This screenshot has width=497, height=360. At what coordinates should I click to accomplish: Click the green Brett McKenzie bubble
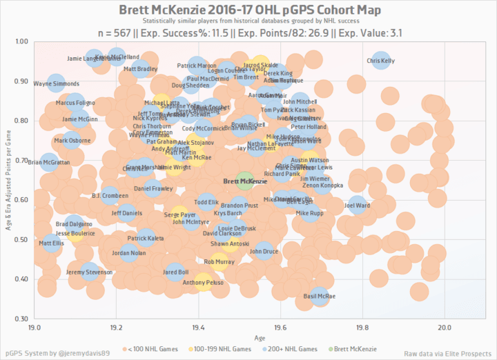coord(244,181)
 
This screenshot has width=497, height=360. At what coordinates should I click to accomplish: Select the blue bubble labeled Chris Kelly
coord(381,61)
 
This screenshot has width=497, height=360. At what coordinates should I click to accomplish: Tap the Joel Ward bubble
coord(358,205)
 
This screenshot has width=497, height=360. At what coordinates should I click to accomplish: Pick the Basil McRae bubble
coord(319,296)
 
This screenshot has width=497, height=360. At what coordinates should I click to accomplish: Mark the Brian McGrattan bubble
coord(50,163)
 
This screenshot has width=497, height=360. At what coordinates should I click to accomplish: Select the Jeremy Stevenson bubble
coord(89,272)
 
